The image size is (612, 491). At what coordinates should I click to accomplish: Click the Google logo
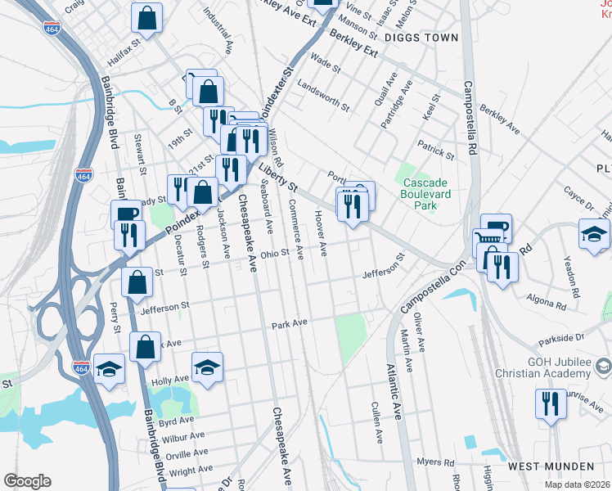tap(27, 480)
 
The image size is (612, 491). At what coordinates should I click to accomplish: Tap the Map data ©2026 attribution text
tap(577, 484)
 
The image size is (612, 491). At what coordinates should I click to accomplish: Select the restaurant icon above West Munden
tap(551, 403)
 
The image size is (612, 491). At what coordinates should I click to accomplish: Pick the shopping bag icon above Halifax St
tap(147, 18)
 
